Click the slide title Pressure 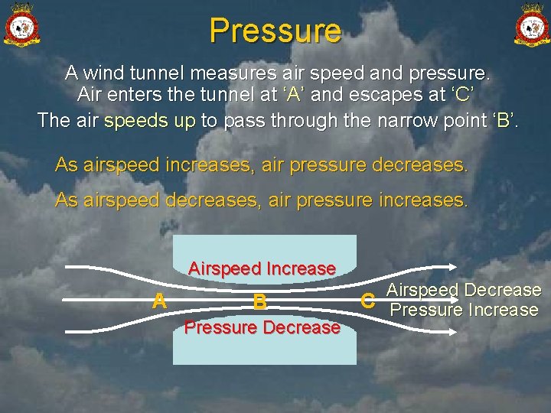pyautogui.click(x=275, y=31)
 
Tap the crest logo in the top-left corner pyautogui.click(x=22, y=26)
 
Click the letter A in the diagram pyautogui.click(x=159, y=301)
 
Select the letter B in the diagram pyautogui.click(x=260, y=302)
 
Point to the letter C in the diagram pyautogui.click(x=368, y=301)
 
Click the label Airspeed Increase pyautogui.click(x=262, y=268)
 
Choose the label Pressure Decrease pyautogui.click(x=262, y=327)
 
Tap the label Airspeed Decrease pyautogui.click(x=464, y=291)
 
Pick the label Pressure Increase pyautogui.click(x=464, y=310)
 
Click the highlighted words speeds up pyautogui.click(x=150, y=121)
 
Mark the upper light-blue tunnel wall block pyautogui.click(x=264, y=249)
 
